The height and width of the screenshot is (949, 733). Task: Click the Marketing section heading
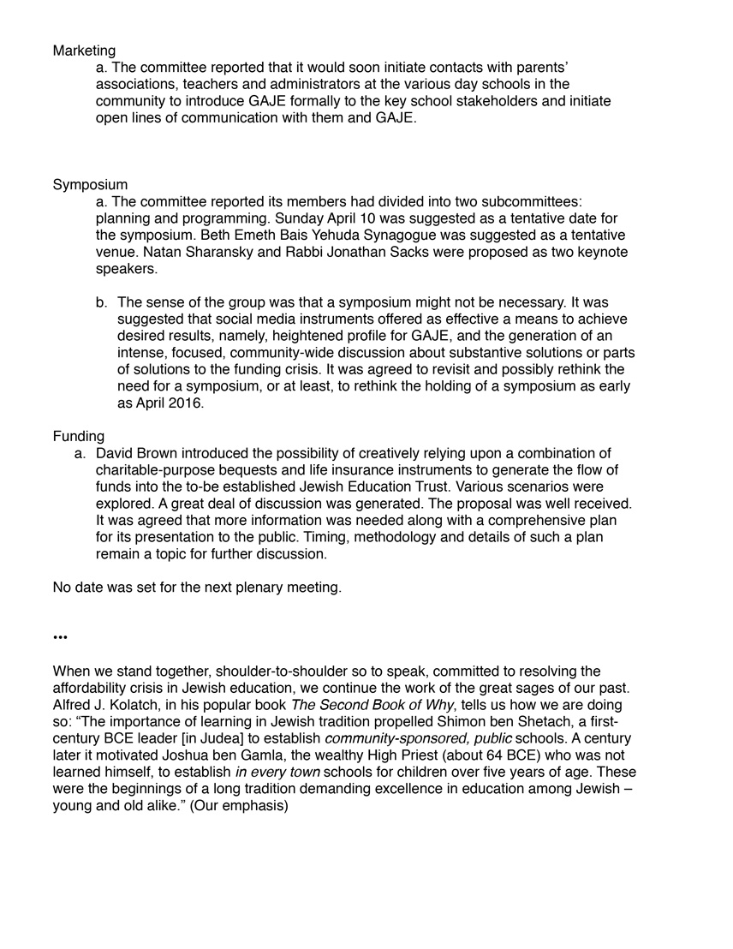coord(84,51)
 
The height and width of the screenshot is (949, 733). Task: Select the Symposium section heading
coord(90,185)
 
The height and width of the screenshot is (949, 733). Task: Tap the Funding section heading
coord(79,437)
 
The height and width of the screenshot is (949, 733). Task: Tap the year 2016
coord(188,403)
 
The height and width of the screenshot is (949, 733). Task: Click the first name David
coord(116,453)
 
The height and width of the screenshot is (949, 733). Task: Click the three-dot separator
coord(60,638)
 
